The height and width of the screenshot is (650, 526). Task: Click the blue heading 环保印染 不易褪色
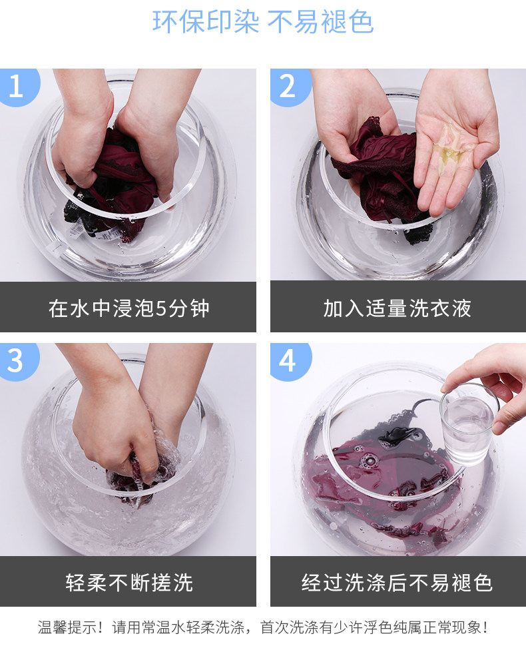[263, 21]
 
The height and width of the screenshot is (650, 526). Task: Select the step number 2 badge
[290, 86]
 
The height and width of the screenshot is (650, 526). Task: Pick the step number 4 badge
[290, 361]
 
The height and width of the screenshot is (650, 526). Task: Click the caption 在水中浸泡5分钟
[129, 308]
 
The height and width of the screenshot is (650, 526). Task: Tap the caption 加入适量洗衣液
[397, 308]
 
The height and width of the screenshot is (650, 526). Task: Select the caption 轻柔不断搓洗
[129, 583]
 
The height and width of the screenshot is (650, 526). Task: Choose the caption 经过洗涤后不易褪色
[397, 583]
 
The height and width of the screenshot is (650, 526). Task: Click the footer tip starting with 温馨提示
[263, 627]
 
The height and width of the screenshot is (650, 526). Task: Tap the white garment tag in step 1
[83, 229]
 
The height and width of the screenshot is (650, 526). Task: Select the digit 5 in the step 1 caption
[161, 308]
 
